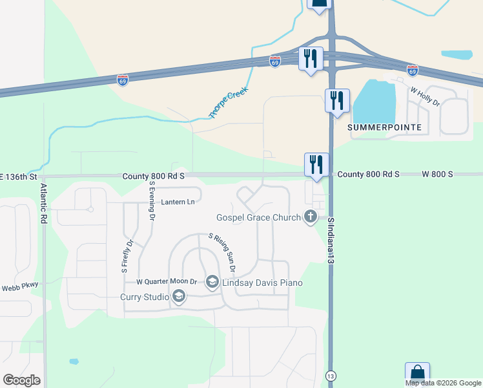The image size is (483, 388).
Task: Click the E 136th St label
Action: pos(19,176)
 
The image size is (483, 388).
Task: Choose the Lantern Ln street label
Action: pos(178,202)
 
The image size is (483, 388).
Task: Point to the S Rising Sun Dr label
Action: pos(221,253)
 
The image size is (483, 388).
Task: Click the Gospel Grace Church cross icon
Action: pos(310,217)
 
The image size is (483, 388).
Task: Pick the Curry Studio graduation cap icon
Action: pos(179,297)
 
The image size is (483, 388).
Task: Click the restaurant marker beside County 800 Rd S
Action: pos(317,164)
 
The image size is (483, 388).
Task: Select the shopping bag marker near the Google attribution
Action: pos(417,372)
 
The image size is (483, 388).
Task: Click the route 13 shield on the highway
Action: pos(331,376)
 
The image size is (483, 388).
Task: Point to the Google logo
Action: pos(21,380)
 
